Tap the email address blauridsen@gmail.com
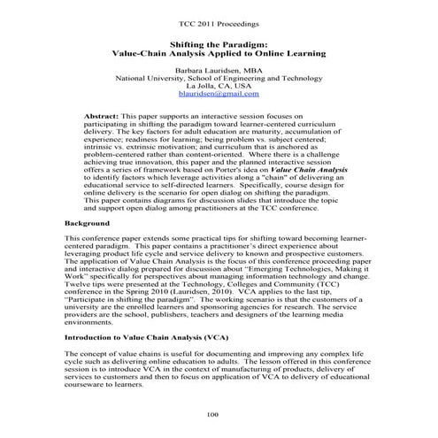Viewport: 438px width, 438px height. [218, 93]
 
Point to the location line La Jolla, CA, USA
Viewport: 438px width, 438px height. [218, 84]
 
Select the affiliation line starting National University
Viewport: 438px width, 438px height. [218, 75]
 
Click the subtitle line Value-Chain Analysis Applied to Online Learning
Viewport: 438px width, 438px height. [218, 52]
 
